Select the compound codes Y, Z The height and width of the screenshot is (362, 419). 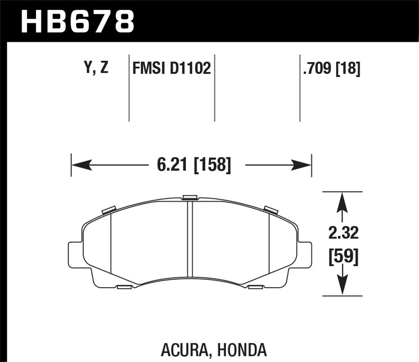coord(96,68)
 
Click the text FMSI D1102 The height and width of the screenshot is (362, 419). coord(172,68)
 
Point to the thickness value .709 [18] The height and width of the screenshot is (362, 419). coord(331,68)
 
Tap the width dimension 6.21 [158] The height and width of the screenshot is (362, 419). coord(194,165)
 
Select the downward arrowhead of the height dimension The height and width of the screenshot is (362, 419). coord(343,285)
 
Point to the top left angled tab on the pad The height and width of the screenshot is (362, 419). coord(109,210)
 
